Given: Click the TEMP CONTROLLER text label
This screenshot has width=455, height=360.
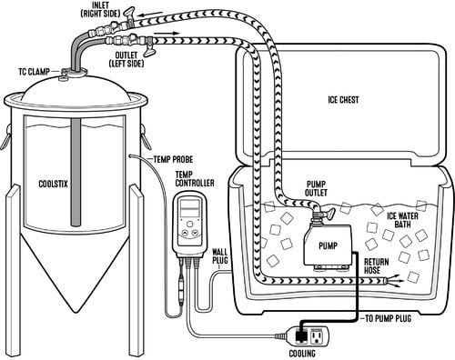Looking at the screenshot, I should pos(194,179).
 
